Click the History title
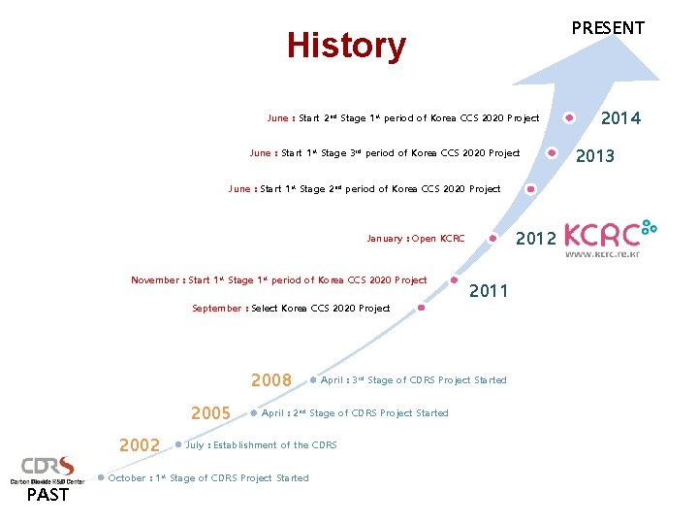click(x=346, y=46)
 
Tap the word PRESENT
click(x=608, y=28)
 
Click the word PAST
click(x=48, y=495)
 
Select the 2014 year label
click(x=620, y=118)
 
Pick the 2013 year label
click(x=595, y=156)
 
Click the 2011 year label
click(x=489, y=290)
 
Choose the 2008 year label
click(x=270, y=380)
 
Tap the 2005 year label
click(x=210, y=413)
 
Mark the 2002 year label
click(x=139, y=445)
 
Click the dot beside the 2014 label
click(x=570, y=118)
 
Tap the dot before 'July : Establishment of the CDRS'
click(x=179, y=445)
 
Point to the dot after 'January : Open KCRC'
click(x=493, y=238)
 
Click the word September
click(x=218, y=309)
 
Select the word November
click(x=155, y=280)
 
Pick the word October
click(x=128, y=478)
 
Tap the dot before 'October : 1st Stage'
click(x=102, y=477)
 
